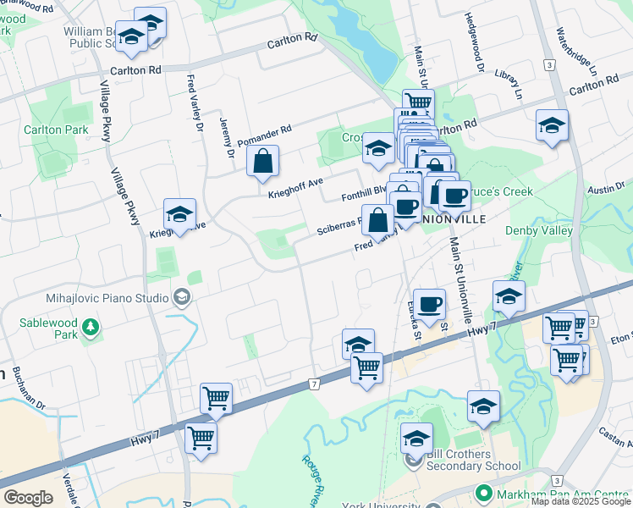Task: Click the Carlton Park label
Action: click(56, 130)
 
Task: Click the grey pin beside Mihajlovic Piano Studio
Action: click(181, 297)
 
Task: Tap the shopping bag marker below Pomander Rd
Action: click(263, 162)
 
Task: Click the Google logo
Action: click(28, 498)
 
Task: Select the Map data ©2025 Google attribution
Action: click(581, 501)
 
